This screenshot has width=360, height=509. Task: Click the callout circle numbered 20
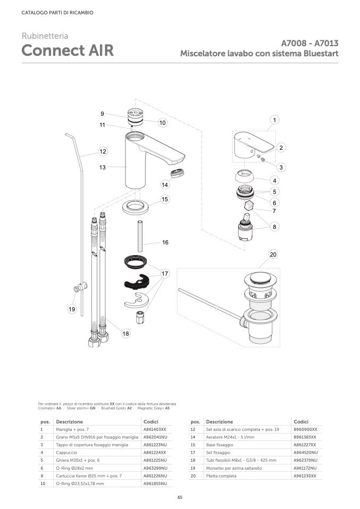(273, 254)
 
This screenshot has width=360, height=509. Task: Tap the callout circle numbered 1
(274, 120)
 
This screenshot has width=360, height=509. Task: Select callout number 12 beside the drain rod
(103, 151)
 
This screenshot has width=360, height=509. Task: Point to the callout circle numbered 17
(165, 274)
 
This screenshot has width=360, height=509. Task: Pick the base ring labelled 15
(136, 207)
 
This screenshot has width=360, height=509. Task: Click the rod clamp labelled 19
(81, 287)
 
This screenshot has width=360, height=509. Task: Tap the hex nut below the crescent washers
(140, 317)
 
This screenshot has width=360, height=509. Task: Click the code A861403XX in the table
(155, 429)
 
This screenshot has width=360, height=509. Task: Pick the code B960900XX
(305, 429)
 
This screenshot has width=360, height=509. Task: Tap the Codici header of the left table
(151, 422)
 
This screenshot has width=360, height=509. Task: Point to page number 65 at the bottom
(180, 497)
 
